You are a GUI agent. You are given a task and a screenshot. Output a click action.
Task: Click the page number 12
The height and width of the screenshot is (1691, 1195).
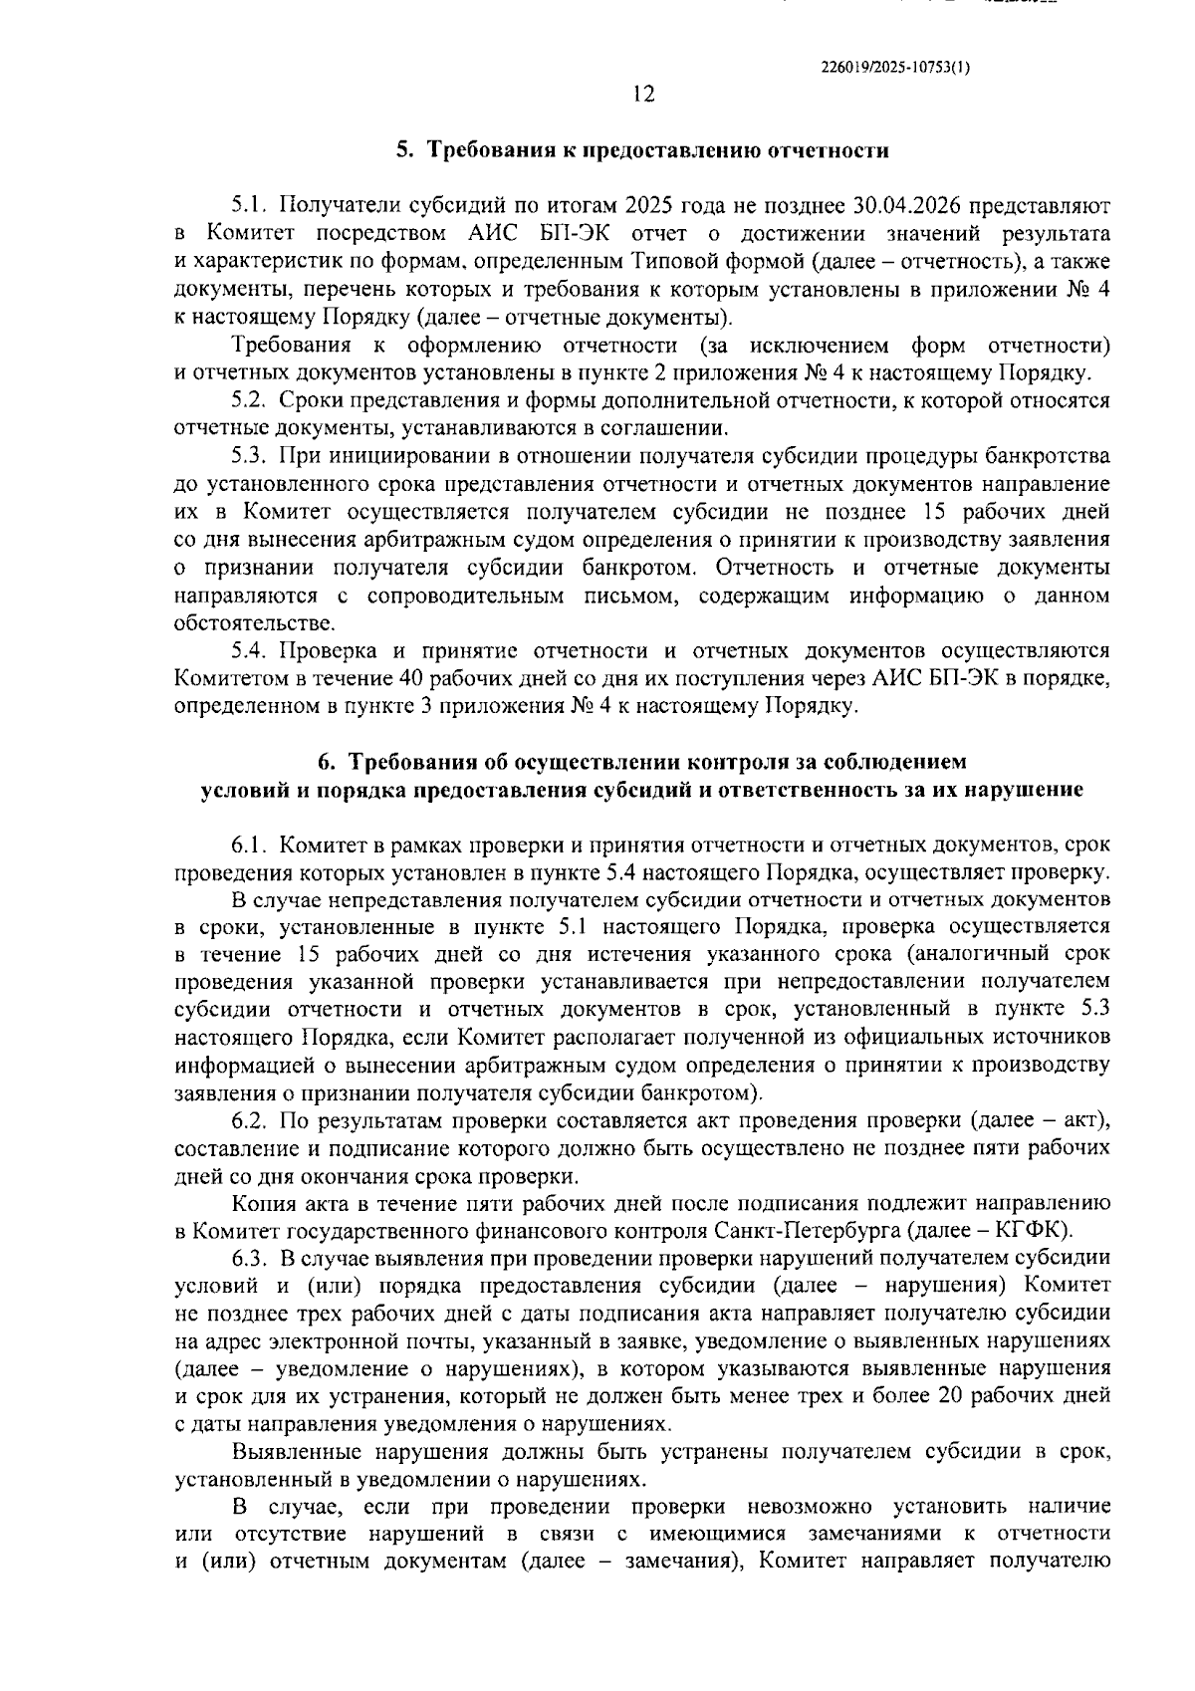point(643,95)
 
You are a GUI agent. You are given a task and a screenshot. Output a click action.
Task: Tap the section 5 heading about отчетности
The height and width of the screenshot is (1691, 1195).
point(642,150)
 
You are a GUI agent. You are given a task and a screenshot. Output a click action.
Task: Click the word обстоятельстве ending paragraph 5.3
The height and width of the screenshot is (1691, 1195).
point(254,624)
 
